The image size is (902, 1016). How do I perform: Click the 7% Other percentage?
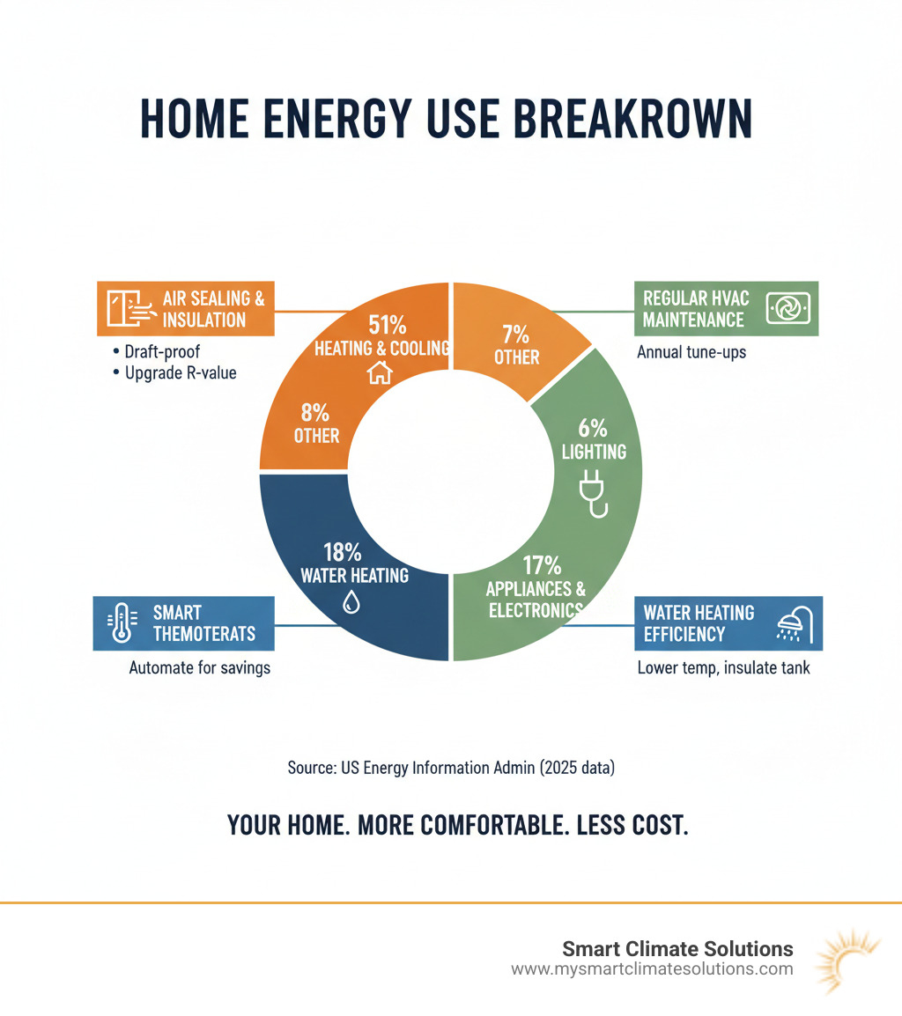(x=517, y=335)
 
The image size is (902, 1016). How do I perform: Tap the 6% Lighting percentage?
(x=593, y=430)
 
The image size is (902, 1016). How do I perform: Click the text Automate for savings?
(x=199, y=668)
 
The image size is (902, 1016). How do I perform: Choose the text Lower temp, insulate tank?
(x=723, y=668)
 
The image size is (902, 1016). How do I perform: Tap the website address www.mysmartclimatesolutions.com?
(x=652, y=969)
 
